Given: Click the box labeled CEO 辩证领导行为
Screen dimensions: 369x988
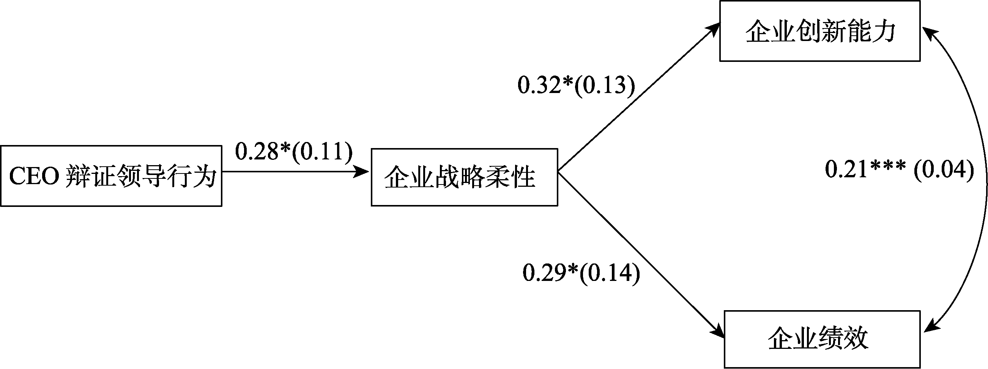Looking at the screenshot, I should [x=111, y=176].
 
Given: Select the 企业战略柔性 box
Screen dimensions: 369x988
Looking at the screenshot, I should [x=464, y=177].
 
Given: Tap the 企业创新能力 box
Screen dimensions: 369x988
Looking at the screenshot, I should [x=819, y=31].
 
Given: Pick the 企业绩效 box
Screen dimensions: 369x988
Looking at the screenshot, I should [x=822, y=339].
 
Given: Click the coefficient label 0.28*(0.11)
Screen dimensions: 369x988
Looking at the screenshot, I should [x=293, y=151].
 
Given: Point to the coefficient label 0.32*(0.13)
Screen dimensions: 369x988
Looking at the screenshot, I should [x=576, y=85].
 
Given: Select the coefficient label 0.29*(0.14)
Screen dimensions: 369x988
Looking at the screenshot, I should [x=581, y=273].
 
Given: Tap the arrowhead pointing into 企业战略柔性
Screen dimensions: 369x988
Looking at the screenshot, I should [x=362, y=172].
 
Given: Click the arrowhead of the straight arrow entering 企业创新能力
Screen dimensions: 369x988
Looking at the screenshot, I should [x=713, y=28].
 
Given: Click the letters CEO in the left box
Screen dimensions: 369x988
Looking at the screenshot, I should [x=34, y=177].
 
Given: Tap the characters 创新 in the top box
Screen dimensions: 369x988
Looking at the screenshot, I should [x=819, y=31].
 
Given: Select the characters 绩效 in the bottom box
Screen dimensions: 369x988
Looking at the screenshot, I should [x=843, y=339].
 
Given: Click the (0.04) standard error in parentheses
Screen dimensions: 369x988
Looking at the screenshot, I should [x=944, y=169].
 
